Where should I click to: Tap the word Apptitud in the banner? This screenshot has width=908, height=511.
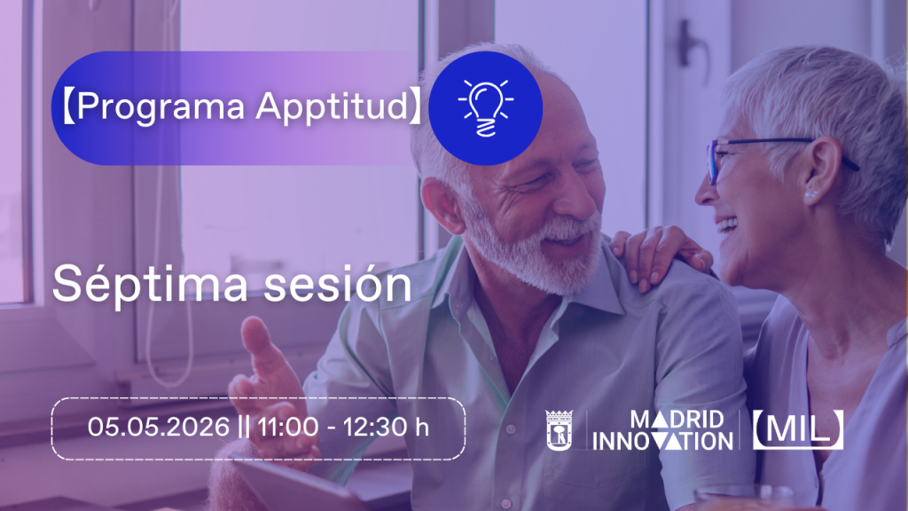click(333, 107)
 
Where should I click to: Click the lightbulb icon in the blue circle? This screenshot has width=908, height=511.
click(485, 108)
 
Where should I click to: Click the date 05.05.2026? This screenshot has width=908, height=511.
click(159, 428)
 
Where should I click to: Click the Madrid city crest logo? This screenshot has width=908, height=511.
click(559, 430)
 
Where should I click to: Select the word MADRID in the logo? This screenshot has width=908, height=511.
click(677, 420)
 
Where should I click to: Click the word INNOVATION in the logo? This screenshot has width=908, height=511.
click(662, 442)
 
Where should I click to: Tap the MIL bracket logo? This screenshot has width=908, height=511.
click(798, 430)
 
